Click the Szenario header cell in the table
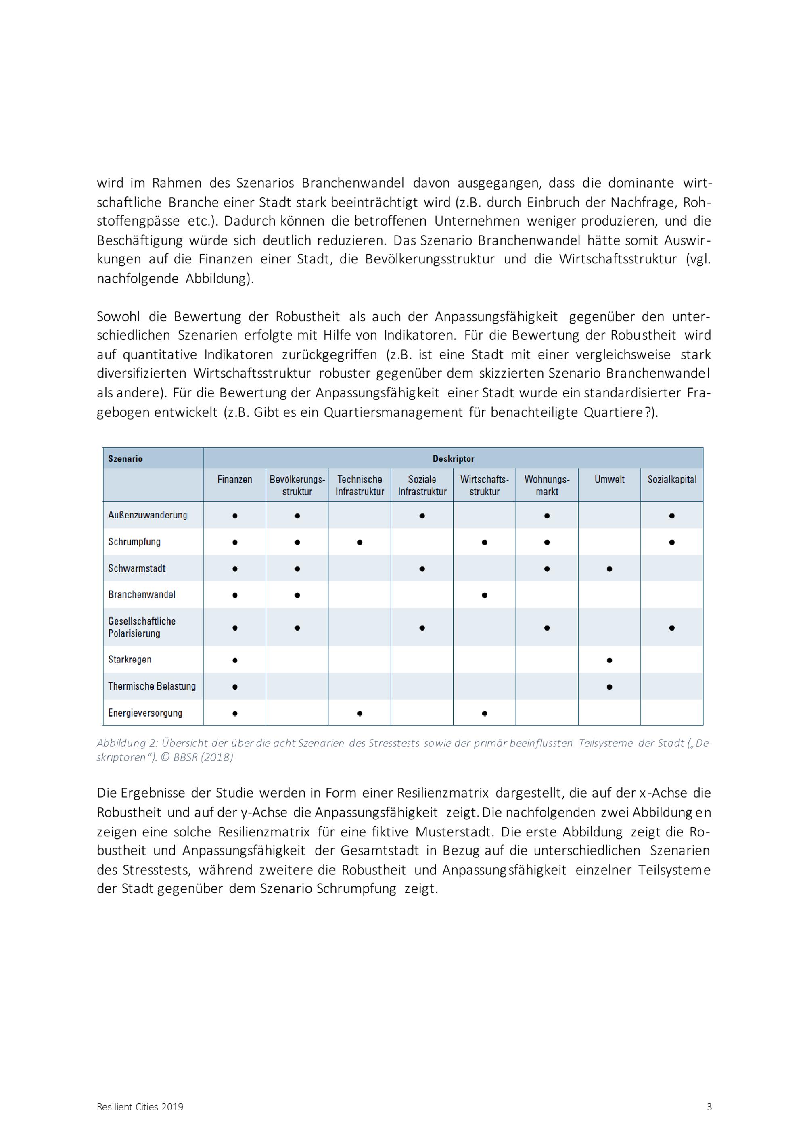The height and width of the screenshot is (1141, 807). click(125, 459)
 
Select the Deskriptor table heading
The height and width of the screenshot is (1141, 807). click(453, 459)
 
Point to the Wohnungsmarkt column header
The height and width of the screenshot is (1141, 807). click(547, 485)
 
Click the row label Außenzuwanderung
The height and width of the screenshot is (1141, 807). click(148, 515)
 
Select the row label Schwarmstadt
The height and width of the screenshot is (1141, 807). click(137, 568)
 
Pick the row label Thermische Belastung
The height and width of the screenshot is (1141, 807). click(152, 686)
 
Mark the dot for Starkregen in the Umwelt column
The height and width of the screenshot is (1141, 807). click(609, 660)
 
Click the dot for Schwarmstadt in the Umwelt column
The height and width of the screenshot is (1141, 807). click(609, 569)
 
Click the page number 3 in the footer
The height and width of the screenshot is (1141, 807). click(709, 1107)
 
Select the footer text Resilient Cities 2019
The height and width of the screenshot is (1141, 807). click(140, 1107)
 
